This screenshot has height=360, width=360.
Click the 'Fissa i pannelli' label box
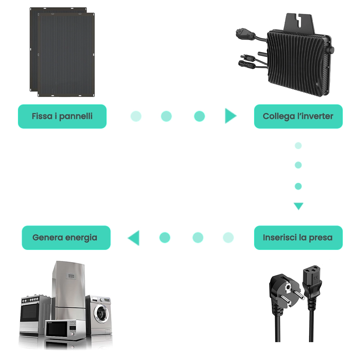(62, 116)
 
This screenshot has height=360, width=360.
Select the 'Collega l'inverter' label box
(298, 116)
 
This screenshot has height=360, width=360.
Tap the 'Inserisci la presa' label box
(298, 238)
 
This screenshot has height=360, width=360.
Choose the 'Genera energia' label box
(66, 238)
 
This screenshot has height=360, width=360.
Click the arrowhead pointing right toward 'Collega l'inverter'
(230, 116)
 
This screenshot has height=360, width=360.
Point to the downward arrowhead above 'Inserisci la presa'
(298, 206)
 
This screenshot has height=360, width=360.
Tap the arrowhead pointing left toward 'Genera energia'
(134, 238)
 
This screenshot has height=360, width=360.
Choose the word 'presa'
(321, 238)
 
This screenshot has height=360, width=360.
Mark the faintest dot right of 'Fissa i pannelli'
(136, 116)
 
